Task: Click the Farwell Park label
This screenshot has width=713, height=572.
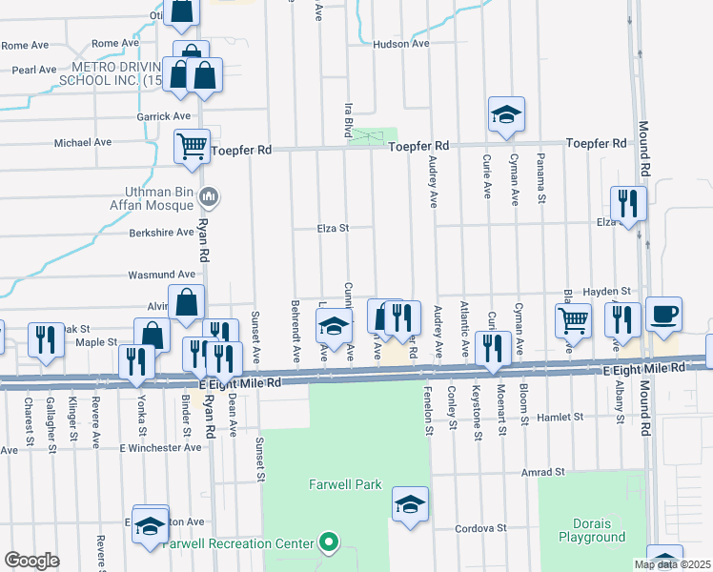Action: click(345, 484)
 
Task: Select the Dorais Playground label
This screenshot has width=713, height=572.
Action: click(592, 530)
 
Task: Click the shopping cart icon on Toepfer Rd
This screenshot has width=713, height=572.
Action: click(192, 146)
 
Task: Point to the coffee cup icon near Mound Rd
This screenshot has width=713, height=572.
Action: click(663, 312)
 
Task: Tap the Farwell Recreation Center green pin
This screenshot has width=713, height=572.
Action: click(330, 543)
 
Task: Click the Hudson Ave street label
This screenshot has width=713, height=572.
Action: click(401, 44)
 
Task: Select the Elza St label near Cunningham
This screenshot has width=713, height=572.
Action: click(334, 228)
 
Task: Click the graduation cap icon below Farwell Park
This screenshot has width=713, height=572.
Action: click(410, 503)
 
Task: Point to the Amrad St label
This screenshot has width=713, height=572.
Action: click(543, 472)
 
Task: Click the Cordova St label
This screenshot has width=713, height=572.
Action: click(479, 527)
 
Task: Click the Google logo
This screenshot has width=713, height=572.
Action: click(31, 561)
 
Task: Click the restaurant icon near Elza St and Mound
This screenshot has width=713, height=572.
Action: click(628, 203)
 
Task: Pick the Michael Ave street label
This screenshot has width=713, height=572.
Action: click(83, 142)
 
